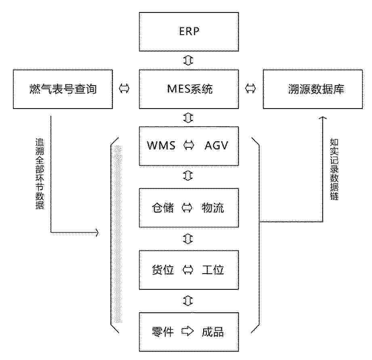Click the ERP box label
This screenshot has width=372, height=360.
click(x=189, y=31)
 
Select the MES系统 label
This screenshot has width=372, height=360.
click(x=190, y=89)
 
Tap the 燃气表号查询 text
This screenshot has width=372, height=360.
click(x=63, y=89)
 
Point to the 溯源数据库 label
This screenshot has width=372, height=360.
click(x=316, y=89)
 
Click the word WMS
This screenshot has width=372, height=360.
click(x=161, y=145)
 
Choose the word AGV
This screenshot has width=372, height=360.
click(x=216, y=145)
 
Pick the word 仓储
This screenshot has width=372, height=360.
click(x=163, y=208)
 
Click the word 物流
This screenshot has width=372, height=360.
click(x=213, y=208)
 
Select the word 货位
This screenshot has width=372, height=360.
click(x=163, y=270)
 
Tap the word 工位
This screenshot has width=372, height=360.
click(x=213, y=270)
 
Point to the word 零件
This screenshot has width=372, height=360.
click(x=163, y=332)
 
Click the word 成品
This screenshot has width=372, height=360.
click(x=213, y=332)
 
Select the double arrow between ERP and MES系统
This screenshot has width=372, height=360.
click(x=188, y=60)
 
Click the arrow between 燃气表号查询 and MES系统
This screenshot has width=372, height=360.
click(x=124, y=88)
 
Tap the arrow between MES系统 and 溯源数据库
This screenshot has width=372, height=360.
click(x=250, y=88)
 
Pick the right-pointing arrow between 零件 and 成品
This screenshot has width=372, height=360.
click(x=187, y=331)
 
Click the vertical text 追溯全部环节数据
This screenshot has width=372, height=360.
click(x=40, y=174)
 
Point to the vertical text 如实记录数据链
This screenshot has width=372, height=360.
click(x=334, y=169)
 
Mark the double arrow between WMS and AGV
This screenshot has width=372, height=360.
click(x=189, y=145)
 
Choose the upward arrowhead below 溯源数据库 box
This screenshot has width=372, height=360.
click(x=323, y=118)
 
